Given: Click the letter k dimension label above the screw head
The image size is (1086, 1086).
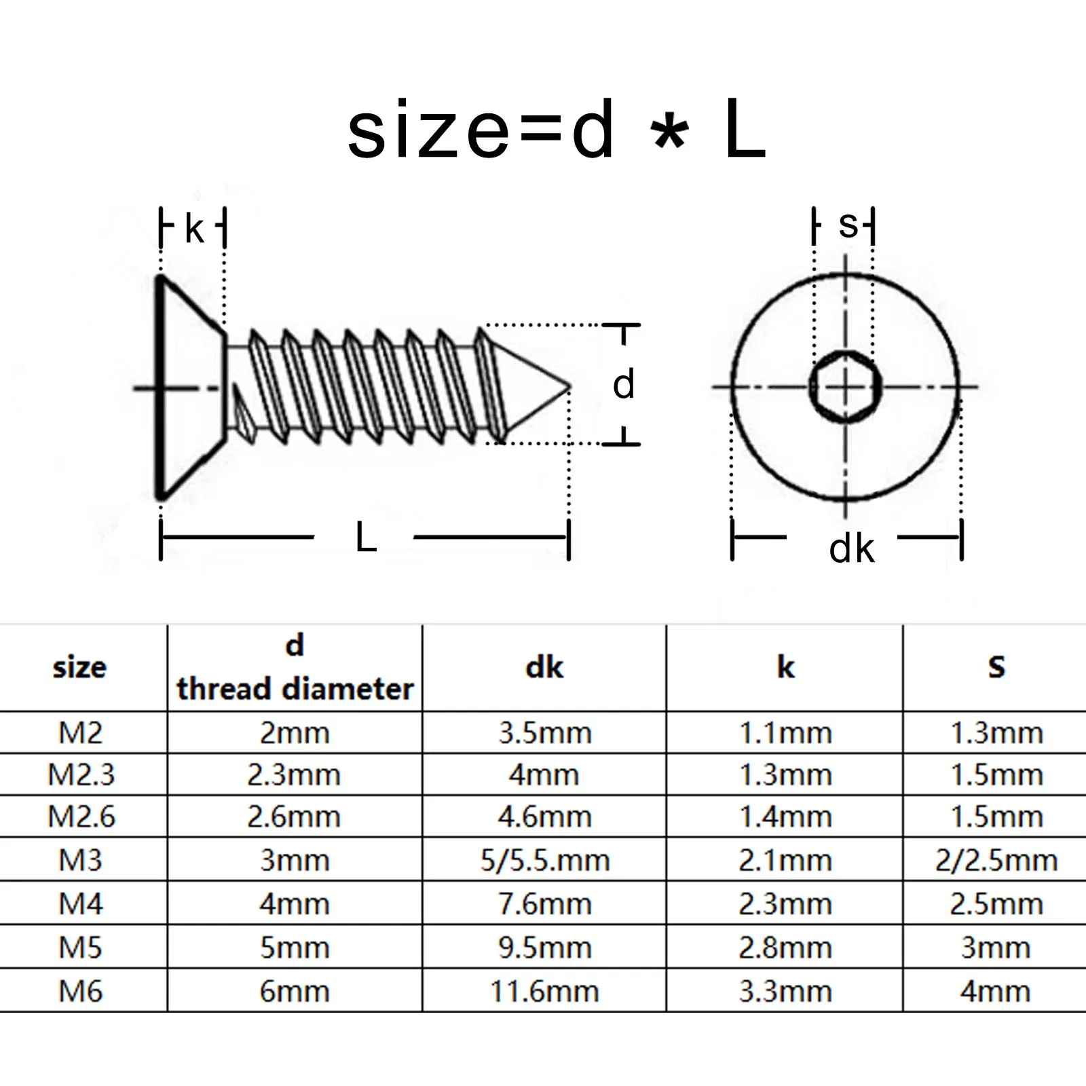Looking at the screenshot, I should tap(193, 229).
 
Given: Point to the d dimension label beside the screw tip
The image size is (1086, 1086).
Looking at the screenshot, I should tap(623, 385).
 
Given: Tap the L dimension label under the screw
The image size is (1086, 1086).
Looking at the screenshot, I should tap(366, 538).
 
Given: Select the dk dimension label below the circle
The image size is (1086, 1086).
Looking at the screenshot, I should tap(851, 548).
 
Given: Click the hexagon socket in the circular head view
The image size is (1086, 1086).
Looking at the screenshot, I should tap(845, 388).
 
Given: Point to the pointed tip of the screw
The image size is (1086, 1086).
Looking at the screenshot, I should tap(567, 388).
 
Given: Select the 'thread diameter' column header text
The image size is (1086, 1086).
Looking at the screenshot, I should tap(295, 689).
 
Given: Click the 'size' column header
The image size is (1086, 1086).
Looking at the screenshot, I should tap(79, 667).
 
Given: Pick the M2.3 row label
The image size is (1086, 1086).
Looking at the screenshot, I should tap(81, 774).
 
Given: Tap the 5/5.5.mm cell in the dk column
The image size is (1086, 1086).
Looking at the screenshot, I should tap(545, 860).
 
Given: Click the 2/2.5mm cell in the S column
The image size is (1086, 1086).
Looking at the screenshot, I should tap(996, 860).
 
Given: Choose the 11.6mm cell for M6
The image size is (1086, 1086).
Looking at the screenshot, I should tap(545, 991).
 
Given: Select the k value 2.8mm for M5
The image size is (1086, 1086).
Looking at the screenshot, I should tap(785, 948).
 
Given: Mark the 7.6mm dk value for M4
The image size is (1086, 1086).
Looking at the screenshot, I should tap(545, 904).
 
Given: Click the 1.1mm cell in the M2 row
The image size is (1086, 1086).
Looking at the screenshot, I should tap(785, 733).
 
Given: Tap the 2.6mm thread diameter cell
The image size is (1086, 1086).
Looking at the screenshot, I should tap(294, 817).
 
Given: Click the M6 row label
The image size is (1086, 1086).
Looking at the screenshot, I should tap(80, 991).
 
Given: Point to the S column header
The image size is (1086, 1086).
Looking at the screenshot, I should tap(996, 667).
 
